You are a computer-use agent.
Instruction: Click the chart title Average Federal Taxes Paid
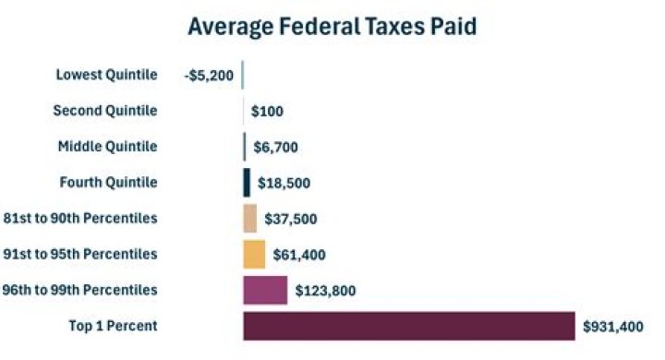pos(332,26)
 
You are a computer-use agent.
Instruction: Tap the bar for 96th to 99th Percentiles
pos(265,290)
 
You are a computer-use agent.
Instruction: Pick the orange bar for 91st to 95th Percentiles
pos(254,254)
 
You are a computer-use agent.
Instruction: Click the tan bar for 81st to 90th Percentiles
pos(249,218)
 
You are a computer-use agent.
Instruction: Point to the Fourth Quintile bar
pos(247,183)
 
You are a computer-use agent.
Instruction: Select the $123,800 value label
pos(325,291)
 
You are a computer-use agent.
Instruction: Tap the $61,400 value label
pos(299,255)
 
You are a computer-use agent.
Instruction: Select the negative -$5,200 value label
pos(209,76)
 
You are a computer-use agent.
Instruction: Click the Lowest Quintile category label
pos(106,75)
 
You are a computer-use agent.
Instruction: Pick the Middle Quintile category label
pos(107,146)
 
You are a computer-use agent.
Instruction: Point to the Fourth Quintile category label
pos(107,182)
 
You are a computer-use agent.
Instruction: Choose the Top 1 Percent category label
pos(113,325)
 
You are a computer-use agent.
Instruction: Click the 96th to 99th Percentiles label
pos(80,290)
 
